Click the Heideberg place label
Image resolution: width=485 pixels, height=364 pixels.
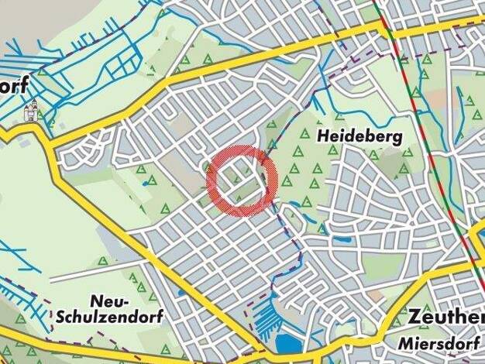[x=359, y=136]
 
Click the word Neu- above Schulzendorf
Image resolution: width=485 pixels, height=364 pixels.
[x=108, y=300]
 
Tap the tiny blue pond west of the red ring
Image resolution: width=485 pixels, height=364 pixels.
[x=146, y=184]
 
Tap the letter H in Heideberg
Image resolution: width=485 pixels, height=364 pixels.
[x=323, y=136]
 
